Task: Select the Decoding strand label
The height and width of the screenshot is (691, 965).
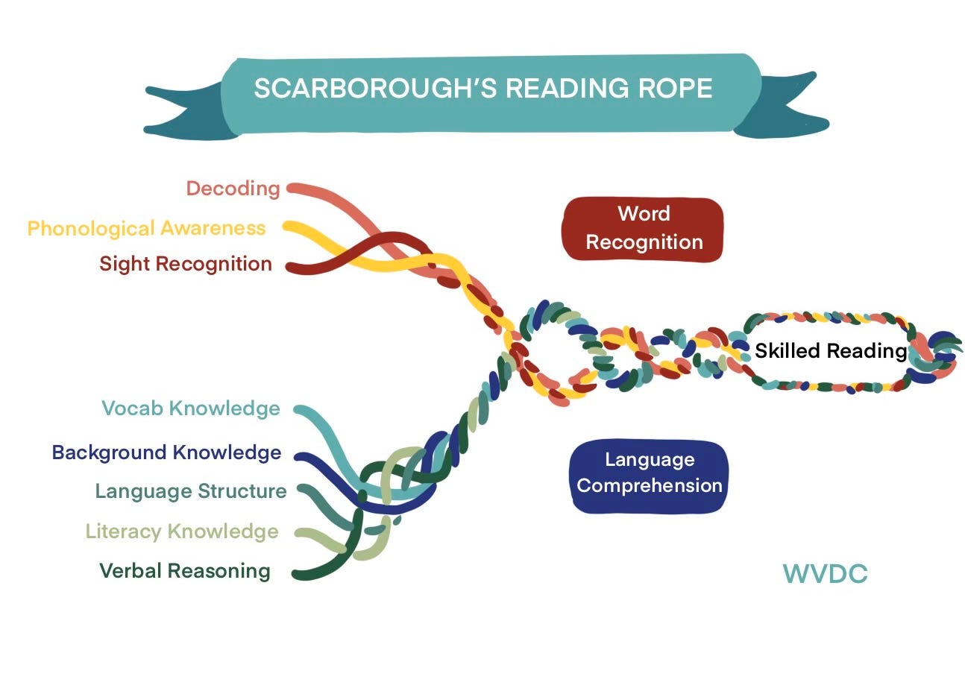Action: pyautogui.click(x=233, y=188)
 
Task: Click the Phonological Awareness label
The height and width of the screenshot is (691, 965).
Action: pyautogui.click(x=146, y=228)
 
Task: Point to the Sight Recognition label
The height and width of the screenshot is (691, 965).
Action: pyautogui.click(x=186, y=264)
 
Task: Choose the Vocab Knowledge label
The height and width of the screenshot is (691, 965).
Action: pyautogui.click(x=191, y=408)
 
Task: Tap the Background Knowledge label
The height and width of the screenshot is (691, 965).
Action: pyautogui.click(x=166, y=452)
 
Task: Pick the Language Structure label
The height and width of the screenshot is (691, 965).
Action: pyautogui.click(x=191, y=491)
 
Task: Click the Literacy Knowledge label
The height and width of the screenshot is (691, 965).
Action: pyautogui.click(x=182, y=531)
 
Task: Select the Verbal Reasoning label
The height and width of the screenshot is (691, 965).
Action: pyautogui.click(x=185, y=571)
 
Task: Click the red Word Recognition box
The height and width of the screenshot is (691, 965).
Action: pyautogui.click(x=643, y=229)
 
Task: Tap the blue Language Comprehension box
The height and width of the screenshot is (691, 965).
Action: pyautogui.click(x=649, y=476)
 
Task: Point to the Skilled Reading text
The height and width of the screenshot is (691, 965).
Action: pyautogui.click(x=830, y=351)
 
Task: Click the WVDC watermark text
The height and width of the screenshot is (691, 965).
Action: pyautogui.click(x=825, y=574)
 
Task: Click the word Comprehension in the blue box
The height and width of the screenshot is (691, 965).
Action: pyautogui.click(x=649, y=486)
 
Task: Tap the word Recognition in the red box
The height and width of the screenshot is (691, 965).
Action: pyautogui.click(x=644, y=242)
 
